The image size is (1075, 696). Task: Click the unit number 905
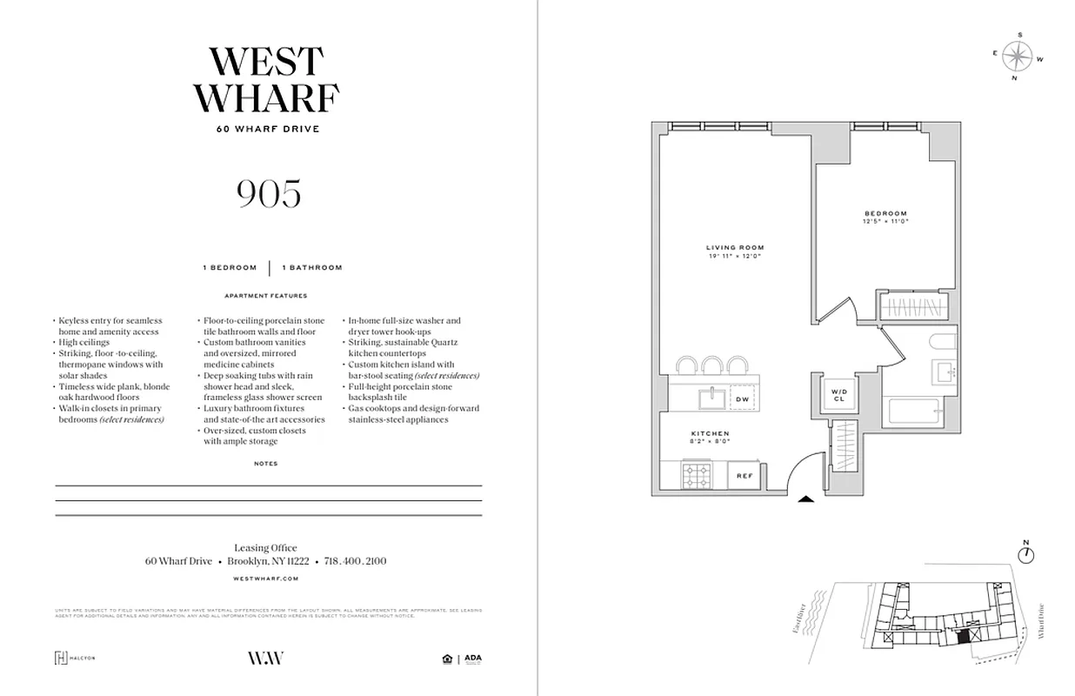(268, 193)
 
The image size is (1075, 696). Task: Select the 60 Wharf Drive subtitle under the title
(268, 130)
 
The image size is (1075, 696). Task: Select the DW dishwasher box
(742, 399)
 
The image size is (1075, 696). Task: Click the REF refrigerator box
(744, 476)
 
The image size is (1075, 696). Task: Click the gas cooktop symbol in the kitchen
(697, 476)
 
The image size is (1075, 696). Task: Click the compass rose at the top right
(1016, 57)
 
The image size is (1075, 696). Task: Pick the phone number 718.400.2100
(355, 561)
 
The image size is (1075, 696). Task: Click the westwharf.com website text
(267, 578)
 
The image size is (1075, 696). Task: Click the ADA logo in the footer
(472, 659)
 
